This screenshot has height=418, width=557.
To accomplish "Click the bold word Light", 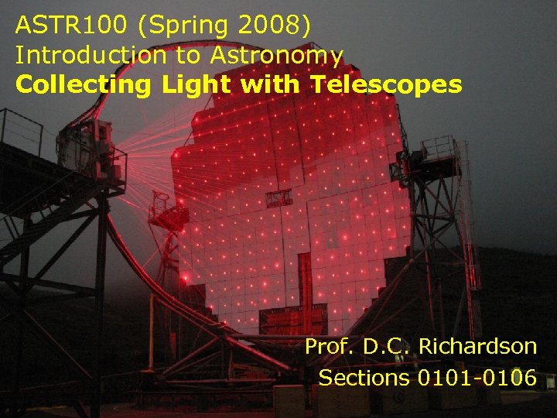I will [196, 85].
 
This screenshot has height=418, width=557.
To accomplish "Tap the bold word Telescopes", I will [386, 85].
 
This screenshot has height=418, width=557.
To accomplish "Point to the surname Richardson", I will [477, 347].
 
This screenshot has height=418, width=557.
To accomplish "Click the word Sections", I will [364, 378].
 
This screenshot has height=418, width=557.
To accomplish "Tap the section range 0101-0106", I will [477, 378].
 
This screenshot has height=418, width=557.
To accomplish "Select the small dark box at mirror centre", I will [278, 198].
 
